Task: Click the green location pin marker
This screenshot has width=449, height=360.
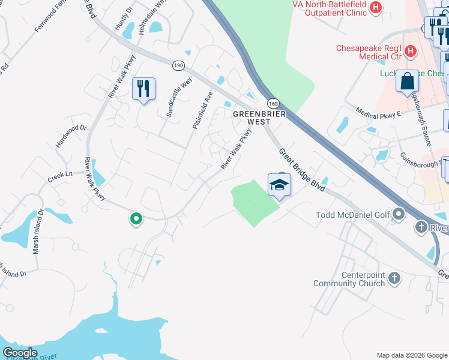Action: (136, 220)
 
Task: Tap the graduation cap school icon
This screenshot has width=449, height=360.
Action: (279, 185)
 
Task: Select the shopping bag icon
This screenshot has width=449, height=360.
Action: (408, 81)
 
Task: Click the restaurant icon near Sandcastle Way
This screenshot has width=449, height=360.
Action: (143, 89)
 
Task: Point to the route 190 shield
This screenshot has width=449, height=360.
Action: (178, 65)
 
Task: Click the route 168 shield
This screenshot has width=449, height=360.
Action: (273, 103)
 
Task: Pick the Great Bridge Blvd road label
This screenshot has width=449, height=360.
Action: (302, 170)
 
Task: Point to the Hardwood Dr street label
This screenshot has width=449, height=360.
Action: (71, 137)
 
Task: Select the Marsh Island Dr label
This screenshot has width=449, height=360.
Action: (38, 231)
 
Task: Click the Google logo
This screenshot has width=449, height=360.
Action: (20, 353)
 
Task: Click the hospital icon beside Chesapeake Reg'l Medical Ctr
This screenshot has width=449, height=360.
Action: (411, 51)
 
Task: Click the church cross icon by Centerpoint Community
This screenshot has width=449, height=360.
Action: (394, 278)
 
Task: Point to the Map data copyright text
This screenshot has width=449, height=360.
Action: (411, 355)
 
